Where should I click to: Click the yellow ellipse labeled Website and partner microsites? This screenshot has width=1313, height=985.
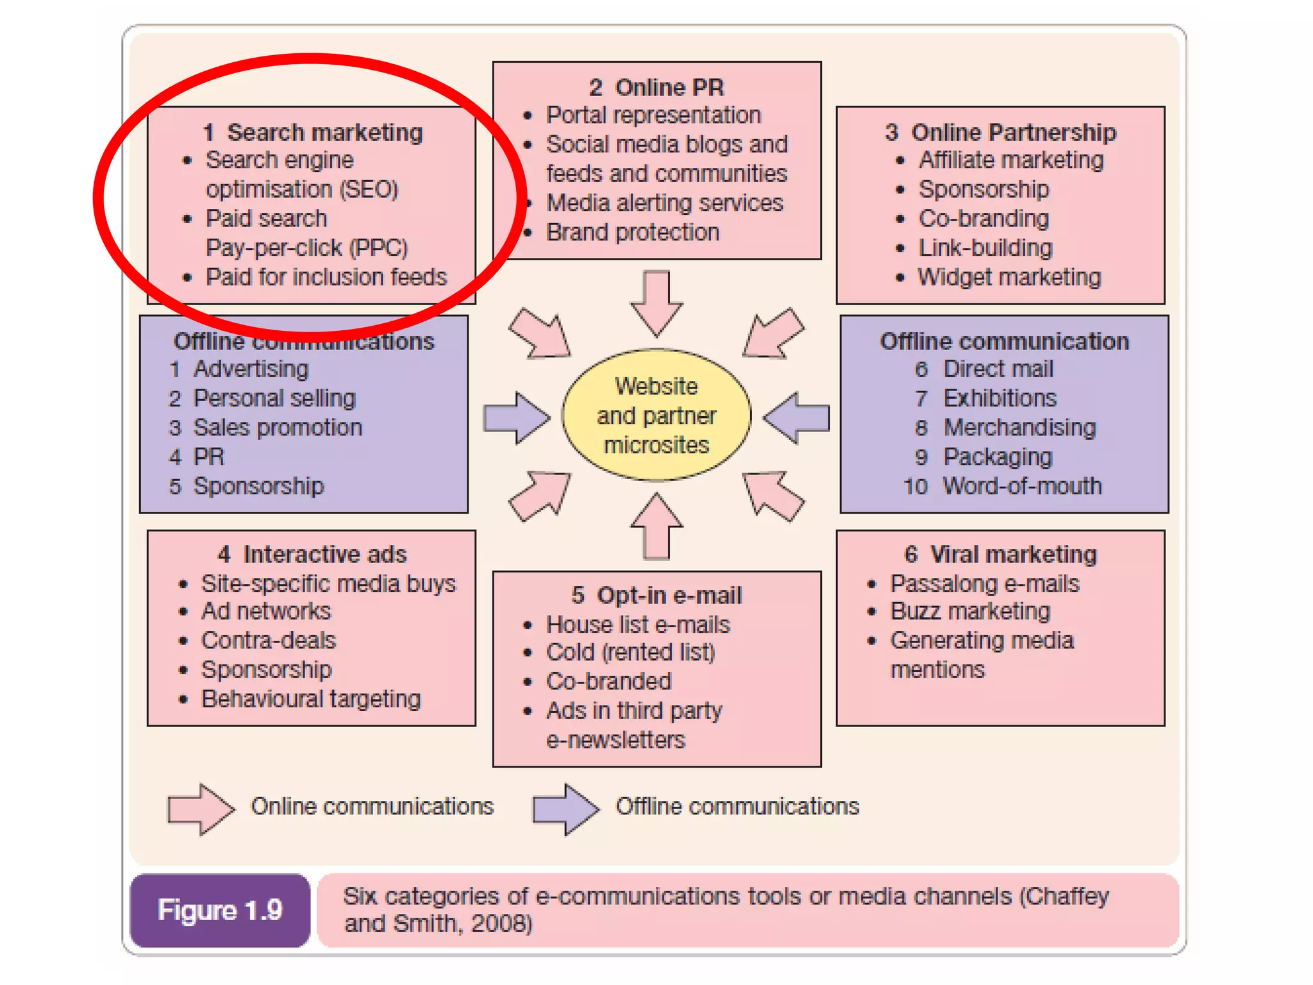pyautogui.click(x=656, y=415)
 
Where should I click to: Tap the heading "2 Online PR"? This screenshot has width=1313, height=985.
pyautogui.click(x=656, y=87)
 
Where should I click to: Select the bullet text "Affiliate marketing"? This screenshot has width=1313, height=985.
pyautogui.click(x=1011, y=160)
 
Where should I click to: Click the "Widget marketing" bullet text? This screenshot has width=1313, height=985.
pyautogui.click(x=1009, y=277)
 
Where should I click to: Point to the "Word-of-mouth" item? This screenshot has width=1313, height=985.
pyautogui.click(x=1022, y=486)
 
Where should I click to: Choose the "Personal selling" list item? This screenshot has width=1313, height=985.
pyautogui.click(x=274, y=398)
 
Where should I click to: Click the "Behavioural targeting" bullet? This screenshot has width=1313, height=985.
pyautogui.click(x=311, y=698)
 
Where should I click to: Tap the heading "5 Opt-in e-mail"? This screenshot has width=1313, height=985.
pyautogui.click(x=656, y=595)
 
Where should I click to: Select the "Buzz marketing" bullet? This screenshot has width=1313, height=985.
pyautogui.click(x=970, y=611)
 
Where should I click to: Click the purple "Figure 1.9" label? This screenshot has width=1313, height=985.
pyautogui.click(x=220, y=910)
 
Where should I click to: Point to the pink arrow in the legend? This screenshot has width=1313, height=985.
pyautogui.click(x=201, y=809)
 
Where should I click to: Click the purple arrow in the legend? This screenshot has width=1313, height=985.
pyautogui.click(x=565, y=809)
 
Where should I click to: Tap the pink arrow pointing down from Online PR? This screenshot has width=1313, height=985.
pyautogui.click(x=656, y=301)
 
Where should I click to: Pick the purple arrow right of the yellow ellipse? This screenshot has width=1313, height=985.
pyautogui.click(x=797, y=418)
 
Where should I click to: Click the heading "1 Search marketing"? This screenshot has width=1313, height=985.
pyautogui.click(x=312, y=132)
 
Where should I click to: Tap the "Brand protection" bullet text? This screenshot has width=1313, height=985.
pyautogui.click(x=632, y=232)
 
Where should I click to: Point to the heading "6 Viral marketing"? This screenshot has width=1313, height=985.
pyautogui.click(x=1000, y=554)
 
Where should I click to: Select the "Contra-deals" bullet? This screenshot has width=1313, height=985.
pyautogui.click(x=269, y=640)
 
